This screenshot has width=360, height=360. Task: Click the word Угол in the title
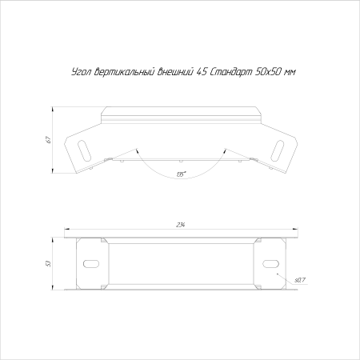tap(82, 72)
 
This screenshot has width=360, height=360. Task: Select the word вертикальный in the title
tap(125, 72)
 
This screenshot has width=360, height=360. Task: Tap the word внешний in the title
tap(175, 72)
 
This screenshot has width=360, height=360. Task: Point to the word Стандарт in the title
tap(231, 72)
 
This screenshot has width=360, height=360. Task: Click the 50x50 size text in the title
tap(268, 72)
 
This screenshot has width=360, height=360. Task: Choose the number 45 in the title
tap(202, 72)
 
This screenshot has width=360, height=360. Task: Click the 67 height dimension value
tap(48, 140)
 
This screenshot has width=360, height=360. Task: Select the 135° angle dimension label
tap(181, 174)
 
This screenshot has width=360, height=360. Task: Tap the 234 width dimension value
tap(181, 225)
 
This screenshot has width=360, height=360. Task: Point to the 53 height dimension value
tap(48, 263)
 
